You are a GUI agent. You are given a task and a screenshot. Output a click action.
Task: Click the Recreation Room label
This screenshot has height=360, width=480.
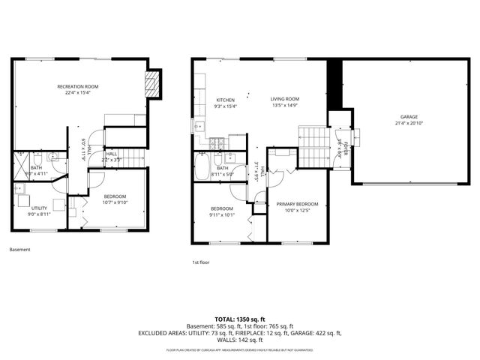click(78, 87)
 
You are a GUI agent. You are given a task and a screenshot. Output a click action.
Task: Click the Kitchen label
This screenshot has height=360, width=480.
click(225, 100)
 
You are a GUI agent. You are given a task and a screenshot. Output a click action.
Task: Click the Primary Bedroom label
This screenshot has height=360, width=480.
click(297, 204)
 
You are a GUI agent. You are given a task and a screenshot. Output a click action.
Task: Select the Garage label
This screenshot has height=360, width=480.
click(409, 117)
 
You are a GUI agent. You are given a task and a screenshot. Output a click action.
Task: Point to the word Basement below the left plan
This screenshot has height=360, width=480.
click(20, 250)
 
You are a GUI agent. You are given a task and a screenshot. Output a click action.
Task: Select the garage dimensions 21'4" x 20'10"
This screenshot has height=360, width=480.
click(409, 123)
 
